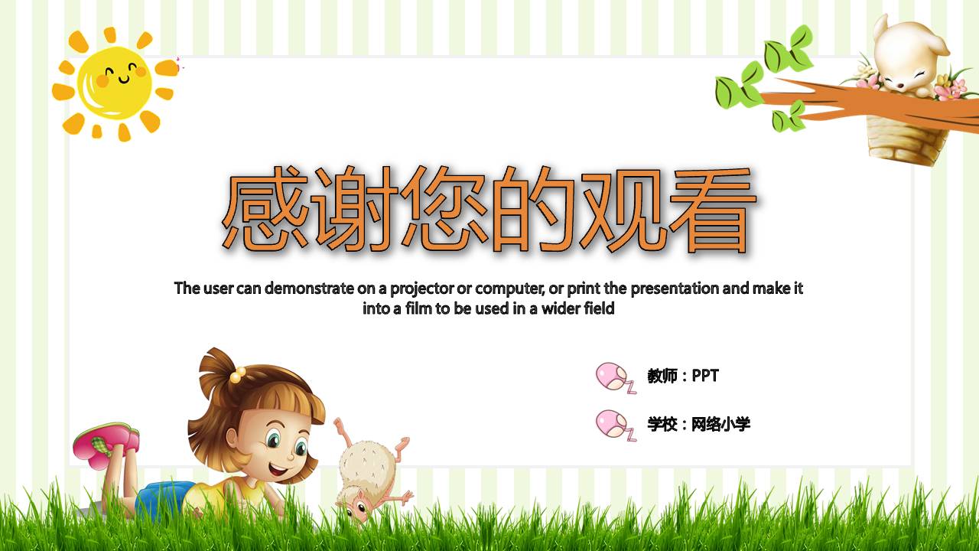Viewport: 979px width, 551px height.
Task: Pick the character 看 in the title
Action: (708, 212)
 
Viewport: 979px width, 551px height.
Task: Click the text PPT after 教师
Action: (705, 376)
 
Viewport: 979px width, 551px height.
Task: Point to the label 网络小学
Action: (721, 424)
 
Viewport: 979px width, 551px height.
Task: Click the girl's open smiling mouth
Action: (278, 466)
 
